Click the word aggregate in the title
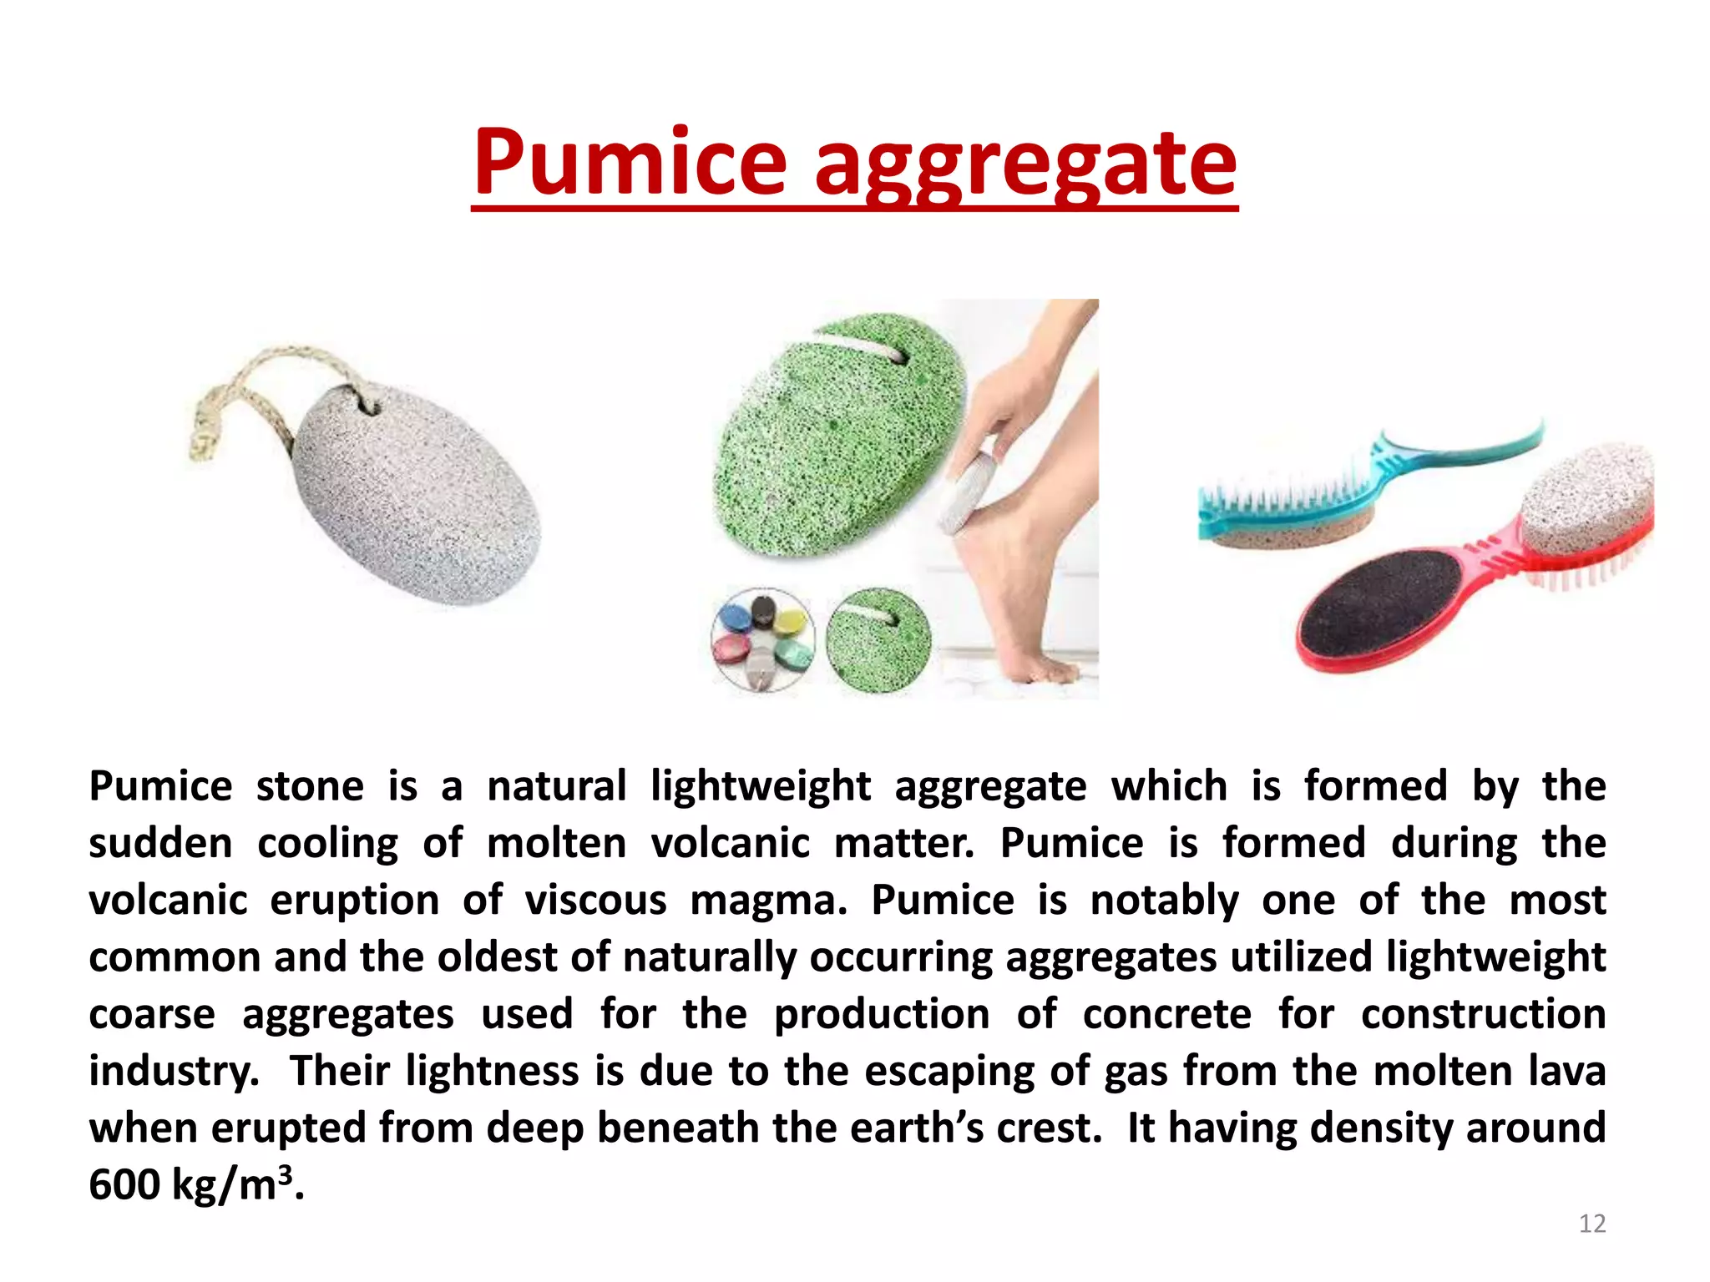click(1024, 164)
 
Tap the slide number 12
click(1591, 1224)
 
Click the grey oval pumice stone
click(416, 492)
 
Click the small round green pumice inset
click(878, 640)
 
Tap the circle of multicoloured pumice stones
click(762, 640)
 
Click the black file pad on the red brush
click(1369, 603)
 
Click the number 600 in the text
click(124, 1185)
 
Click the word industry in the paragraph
click(173, 1072)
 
